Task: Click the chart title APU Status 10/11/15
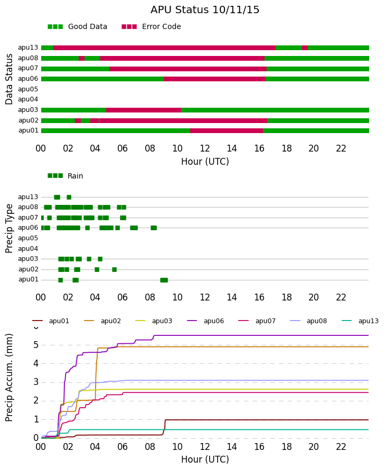click(x=205, y=10)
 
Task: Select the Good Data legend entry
click(x=77, y=27)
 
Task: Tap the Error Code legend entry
click(x=152, y=27)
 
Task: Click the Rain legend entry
click(x=65, y=176)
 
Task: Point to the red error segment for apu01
click(x=226, y=130)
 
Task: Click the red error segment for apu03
click(x=144, y=110)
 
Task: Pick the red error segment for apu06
click(x=214, y=79)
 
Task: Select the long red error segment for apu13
click(x=164, y=48)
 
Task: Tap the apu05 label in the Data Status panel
click(x=28, y=89)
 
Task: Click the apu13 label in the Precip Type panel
click(x=28, y=197)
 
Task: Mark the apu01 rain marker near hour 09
click(x=164, y=280)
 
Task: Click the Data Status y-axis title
click(x=9, y=79)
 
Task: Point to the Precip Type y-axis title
click(x=9, y=229)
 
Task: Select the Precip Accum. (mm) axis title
click(x=9, y=378)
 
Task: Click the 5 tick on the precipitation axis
click(x=36, y=345)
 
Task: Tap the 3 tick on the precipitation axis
click(x=36, y=382)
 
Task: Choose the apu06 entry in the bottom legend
click(x=205, y=321)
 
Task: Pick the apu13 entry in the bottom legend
click(x=360, y=321)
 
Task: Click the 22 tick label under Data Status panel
click(x=341, y=148)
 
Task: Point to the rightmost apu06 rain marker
click(x=154, y=228)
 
